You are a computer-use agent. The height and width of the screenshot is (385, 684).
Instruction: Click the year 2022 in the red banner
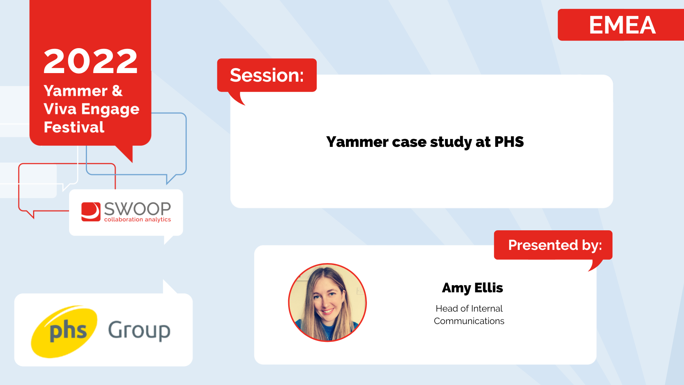point(90,61)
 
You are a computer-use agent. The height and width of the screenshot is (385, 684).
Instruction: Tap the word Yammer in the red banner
point(76,91)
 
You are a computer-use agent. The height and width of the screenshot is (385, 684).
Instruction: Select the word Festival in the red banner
point(74,127)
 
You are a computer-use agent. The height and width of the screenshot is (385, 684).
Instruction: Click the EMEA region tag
point(622,25)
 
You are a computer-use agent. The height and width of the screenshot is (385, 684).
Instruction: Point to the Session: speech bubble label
point(267,75)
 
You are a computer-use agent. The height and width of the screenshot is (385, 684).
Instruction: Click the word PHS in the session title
point(509,142)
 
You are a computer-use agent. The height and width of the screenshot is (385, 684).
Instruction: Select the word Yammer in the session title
point(357,142)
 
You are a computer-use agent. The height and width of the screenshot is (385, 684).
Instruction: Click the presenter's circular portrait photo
point(327,303)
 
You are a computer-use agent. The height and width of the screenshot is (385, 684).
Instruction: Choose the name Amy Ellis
point(472,288)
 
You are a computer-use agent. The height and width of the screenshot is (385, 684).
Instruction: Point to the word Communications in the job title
point(469,321)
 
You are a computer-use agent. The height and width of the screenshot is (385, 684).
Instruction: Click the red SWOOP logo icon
point(91,212)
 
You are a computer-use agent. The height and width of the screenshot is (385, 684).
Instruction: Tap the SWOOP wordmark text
point(138,209)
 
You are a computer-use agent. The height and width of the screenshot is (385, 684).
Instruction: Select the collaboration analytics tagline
point(138,220)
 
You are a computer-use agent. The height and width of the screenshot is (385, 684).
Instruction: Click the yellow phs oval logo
point(64,332)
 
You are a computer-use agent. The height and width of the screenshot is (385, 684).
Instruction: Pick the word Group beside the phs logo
point(139,331)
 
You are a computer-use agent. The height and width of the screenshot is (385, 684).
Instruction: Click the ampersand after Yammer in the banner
point(117,91)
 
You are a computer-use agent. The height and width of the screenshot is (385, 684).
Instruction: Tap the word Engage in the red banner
point(110,109)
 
